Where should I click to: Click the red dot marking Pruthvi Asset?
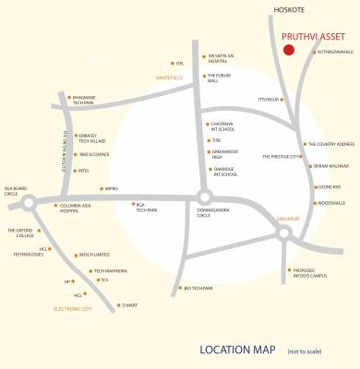click(289, 50)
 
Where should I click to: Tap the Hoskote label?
click(291, 10)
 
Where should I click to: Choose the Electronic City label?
click(72, 308)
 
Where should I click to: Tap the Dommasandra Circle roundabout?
click(203, 196)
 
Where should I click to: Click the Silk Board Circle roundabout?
click(29, 202)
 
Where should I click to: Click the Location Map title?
click(237, 350)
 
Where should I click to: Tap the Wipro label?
click(111, 188)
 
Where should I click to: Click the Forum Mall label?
click(218, 78)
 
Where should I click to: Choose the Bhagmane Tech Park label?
click(90, 100)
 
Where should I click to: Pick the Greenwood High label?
click(224, 154)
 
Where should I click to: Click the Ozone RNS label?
click(330, 187)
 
